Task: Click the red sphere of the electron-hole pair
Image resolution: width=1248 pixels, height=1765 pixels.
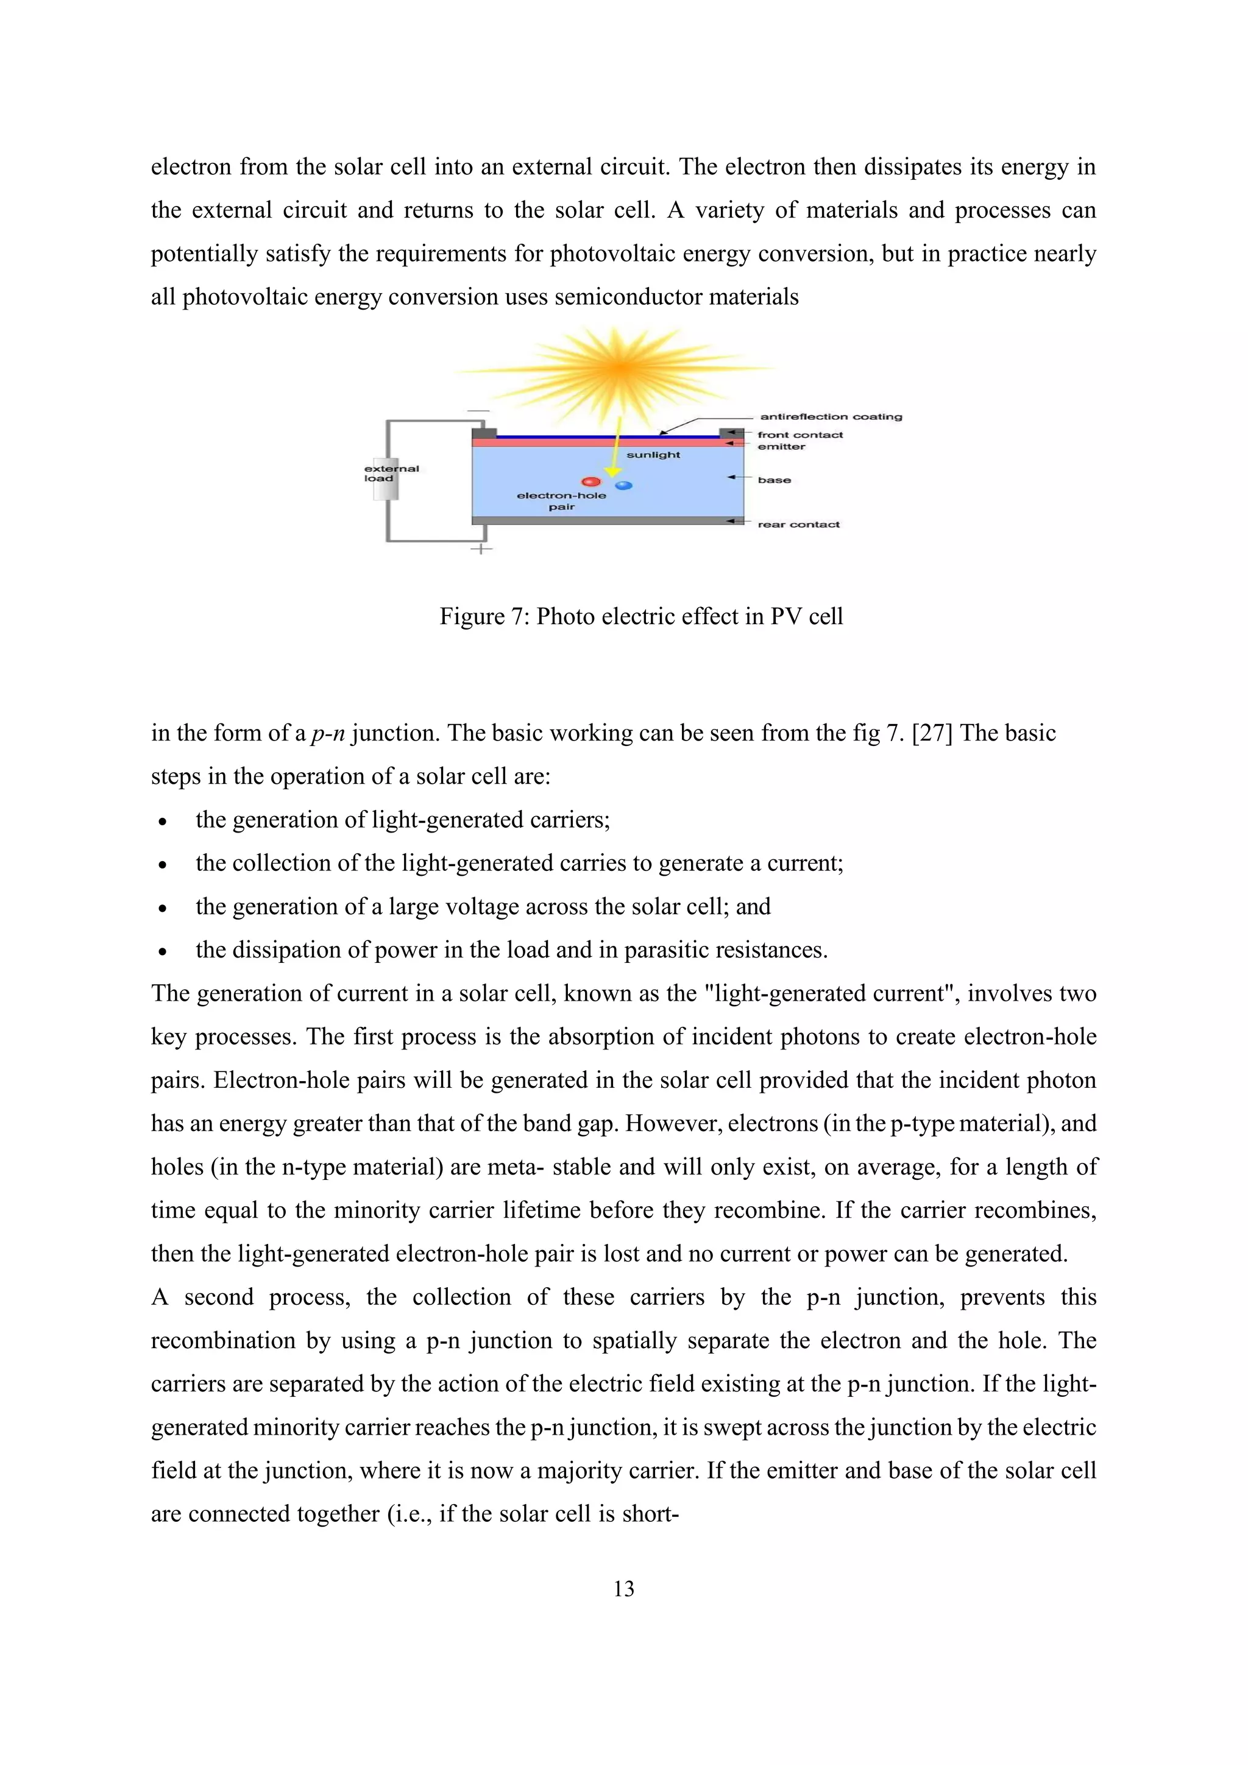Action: (x=591, y=481)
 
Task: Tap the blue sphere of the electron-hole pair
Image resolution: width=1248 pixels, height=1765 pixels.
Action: (x=624, y=485)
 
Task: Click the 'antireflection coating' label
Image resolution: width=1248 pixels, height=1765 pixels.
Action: (x=831, y=417)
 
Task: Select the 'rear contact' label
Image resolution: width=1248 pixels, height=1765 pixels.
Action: (x=798, y=524)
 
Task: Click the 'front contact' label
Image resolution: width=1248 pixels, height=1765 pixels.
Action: (x=799, y=435)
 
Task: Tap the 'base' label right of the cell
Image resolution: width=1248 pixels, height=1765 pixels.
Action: (x=774, y=480)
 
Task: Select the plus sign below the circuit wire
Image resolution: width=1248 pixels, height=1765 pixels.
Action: (x=481, y=549)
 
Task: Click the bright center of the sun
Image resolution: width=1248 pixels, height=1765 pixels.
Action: (x=619, y=368)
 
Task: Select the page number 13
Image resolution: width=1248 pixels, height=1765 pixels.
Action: (x=623, y=1588)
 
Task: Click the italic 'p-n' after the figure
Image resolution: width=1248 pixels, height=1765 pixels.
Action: (x=328, y=733)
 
